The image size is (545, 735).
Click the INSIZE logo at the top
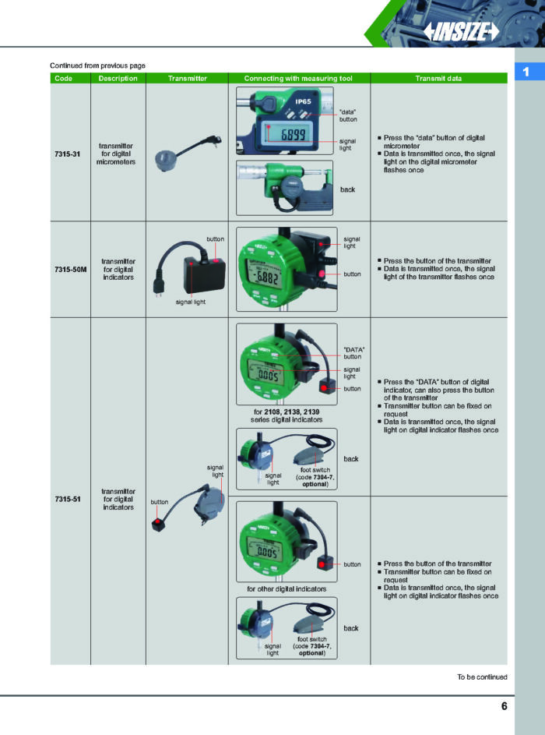click(462, 31)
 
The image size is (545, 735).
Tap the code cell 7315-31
click(68, 154)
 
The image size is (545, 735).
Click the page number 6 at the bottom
click(504, 706)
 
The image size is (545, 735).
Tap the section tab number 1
click(526, 72)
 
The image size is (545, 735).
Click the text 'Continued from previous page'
click(97, 65)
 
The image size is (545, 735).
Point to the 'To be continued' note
click(482, 677)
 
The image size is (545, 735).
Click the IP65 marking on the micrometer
click(304, 101)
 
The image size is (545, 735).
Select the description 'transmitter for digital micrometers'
click(116, 154)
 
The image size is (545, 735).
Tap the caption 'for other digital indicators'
click(287, 588)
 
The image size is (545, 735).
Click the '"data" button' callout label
click(348, 115)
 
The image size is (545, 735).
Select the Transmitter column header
click(187, 78)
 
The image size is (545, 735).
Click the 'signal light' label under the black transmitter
click(190, 302)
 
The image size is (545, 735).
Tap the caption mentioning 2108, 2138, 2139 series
click(287, 415)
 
